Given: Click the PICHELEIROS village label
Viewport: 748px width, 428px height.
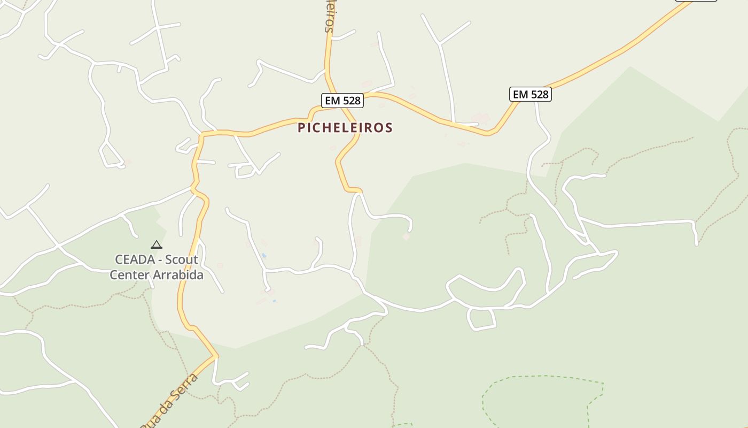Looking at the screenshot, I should pyautogui.click(x=345, y=128).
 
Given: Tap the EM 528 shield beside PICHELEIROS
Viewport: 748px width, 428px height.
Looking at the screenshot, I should pyautogui.click(x=342, y=100).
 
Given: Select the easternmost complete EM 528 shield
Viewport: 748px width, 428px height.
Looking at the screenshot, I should pyautogui.click(x=530, y=95).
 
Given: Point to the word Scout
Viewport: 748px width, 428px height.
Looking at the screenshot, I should pyautogui.click(x=181, y=260).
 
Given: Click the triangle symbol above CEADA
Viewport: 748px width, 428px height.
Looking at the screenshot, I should pyautogui.click(x=156, y=245).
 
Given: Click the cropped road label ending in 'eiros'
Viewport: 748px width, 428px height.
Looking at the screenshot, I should pyautogui.click(x=330, y=16).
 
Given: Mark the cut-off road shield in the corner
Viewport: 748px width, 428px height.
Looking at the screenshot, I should pyautogui.click(x=696, y=1).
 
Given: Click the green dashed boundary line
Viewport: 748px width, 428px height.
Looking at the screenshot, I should pyautogui.click(x=540, y=377).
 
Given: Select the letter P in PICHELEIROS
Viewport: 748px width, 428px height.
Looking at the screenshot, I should pyautogui.click(x=301, y=128).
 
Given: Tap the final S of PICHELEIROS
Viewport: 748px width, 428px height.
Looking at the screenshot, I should pyautogui.click(x=389, y=128).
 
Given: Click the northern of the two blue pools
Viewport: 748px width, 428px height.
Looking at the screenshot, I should pyautogui.click(x=264, y=256).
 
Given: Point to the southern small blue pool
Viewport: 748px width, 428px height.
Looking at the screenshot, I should pyautogui.click(x=275, y=301).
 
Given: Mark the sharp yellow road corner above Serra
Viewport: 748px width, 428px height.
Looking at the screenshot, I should pyautogui.click(x=215, y=355).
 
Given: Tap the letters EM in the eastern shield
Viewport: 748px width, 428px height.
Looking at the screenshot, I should pyautogui.click(x=520, y=95).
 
